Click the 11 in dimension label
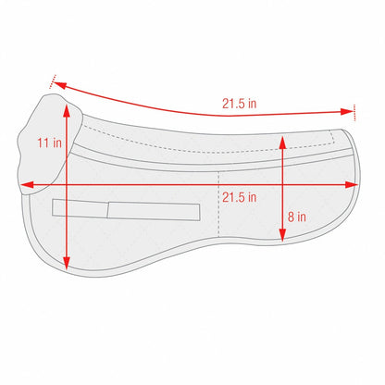click(x=49, y=143)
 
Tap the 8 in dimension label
click(x=297, y=217)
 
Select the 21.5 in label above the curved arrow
click(x=240, y=104)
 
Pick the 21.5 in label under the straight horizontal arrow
click(x=240, y=197)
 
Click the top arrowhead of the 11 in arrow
click(x=67, y=109)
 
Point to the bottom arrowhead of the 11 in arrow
click(x=67, y=264)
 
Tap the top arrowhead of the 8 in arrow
click(x=282, y=143)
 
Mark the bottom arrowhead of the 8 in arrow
click(x=282, y=235)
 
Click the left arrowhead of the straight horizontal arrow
click(x=27, y=185)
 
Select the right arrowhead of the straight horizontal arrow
click(x=352, y=185)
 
